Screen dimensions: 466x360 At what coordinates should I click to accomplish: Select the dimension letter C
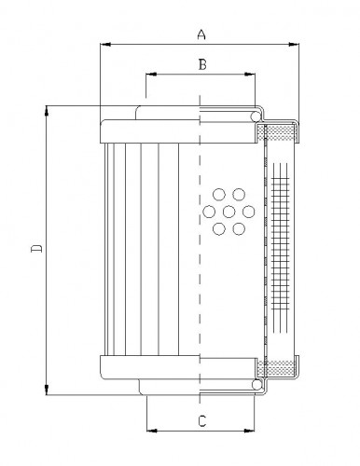201,422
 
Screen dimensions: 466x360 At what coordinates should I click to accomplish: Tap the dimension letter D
35,249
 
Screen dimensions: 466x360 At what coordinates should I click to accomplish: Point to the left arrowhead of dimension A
103,44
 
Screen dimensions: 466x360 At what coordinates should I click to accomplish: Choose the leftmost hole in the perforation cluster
208,212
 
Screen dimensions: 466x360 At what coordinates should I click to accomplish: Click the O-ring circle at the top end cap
256,116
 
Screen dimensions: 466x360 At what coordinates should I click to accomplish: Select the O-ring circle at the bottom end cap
256,383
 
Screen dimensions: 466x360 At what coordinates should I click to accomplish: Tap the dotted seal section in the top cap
279,132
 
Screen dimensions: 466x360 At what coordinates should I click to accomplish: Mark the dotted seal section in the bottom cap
279,366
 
